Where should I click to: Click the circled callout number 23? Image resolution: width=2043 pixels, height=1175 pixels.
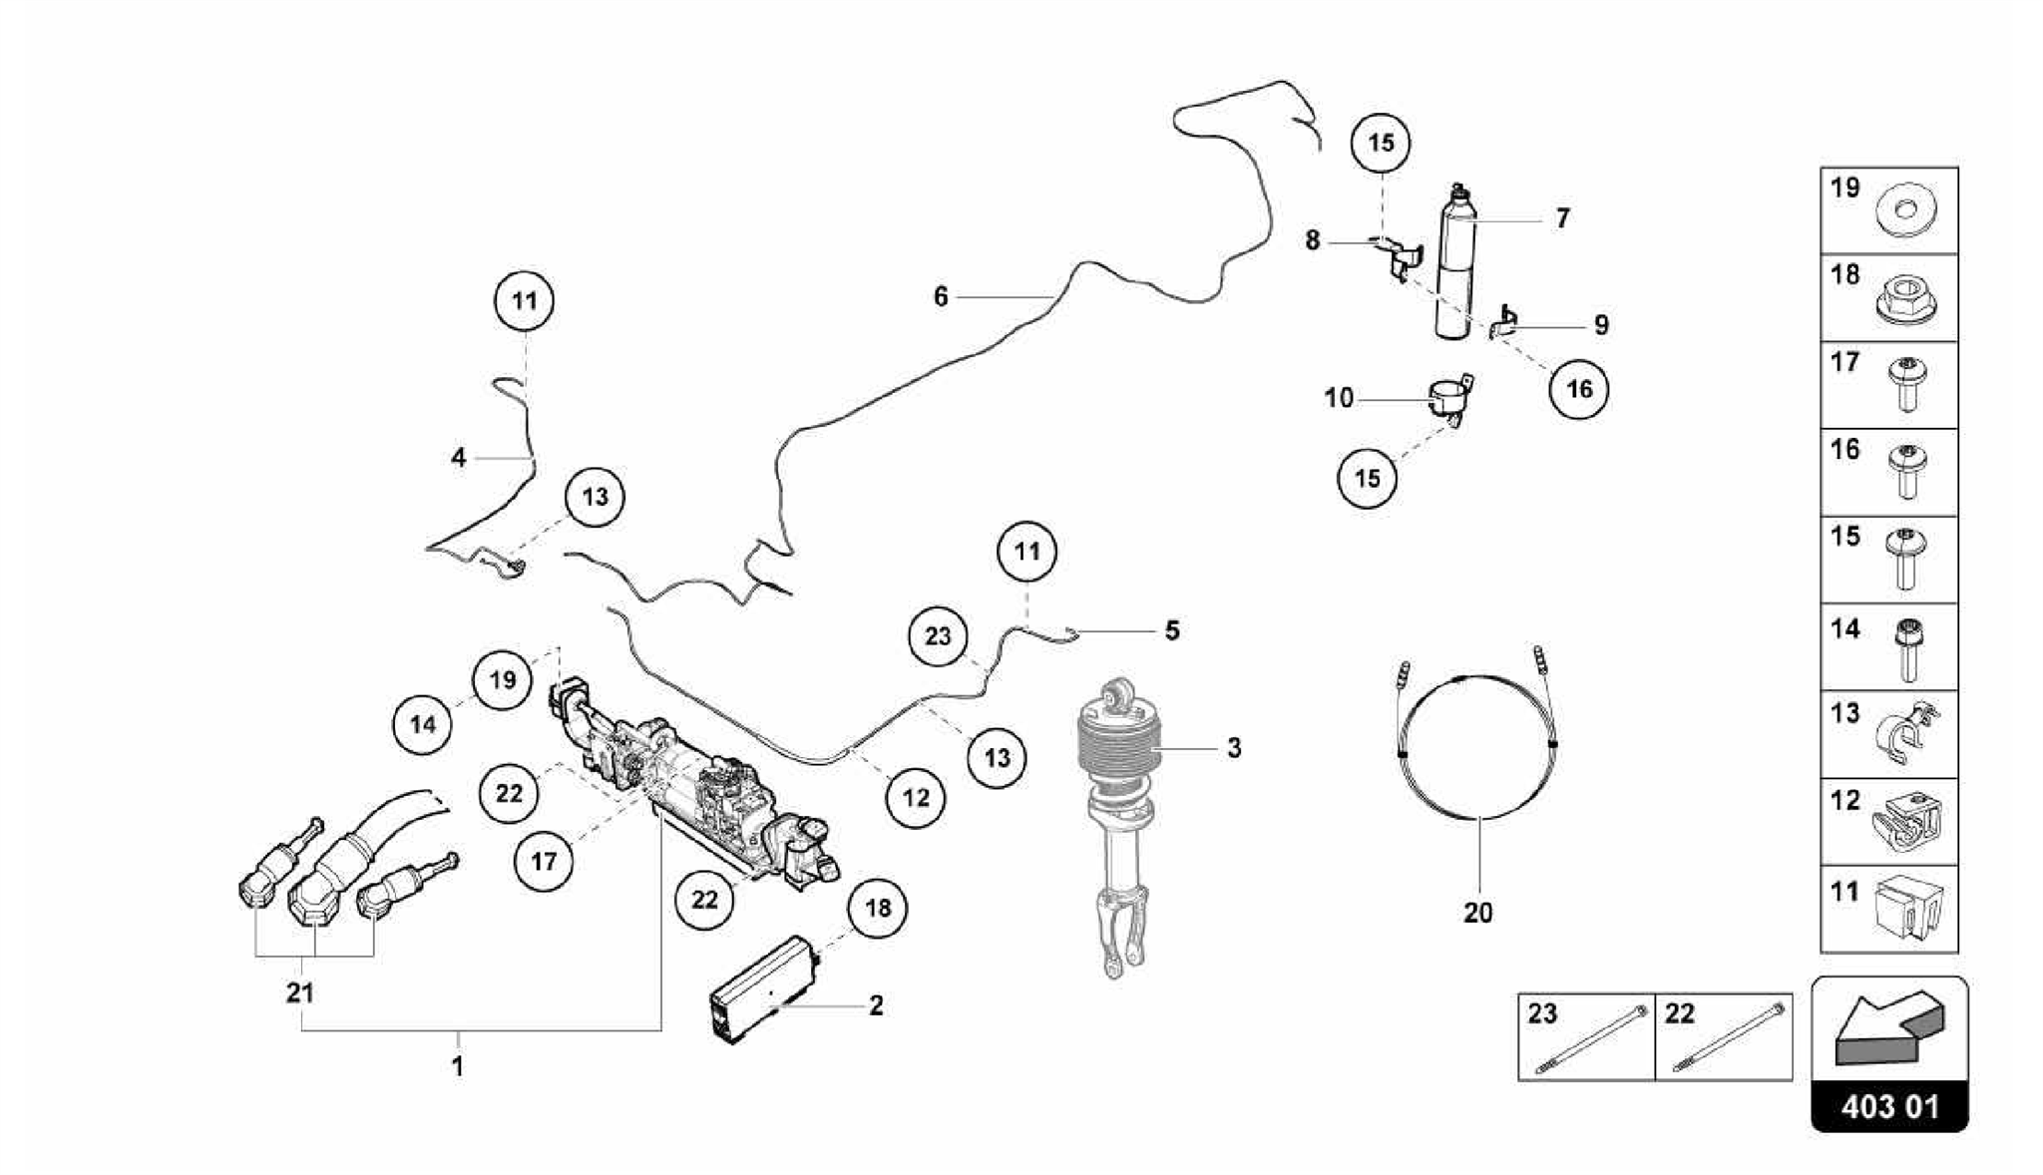(x=938, y=636)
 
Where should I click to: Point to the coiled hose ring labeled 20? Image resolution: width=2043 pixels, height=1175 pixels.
(x=1478, y=748)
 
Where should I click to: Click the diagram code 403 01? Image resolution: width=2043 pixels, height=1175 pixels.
(x=1889, y=1107)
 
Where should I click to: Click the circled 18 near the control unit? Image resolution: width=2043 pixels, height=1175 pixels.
(x=878, y=908)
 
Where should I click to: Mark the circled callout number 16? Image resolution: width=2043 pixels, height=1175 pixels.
(x=1579, y=388)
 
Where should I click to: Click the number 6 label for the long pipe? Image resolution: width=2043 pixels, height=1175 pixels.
(x=940, y=296)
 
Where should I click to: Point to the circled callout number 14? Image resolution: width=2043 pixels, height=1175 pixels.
(x=423, y=724)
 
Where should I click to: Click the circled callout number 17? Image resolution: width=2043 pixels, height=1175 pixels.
(x=544, y=861)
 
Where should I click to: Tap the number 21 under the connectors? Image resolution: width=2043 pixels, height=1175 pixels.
(x=300, y=992)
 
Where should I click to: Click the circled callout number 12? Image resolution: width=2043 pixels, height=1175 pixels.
(x=916, y=797)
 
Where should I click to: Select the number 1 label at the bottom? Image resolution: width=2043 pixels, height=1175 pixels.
(x=457, y=1066)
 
